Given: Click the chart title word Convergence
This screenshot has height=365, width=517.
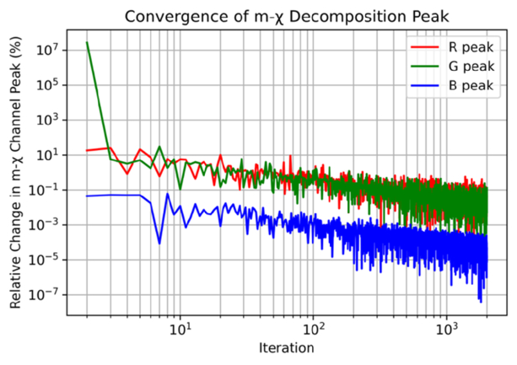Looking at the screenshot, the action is click(183, 17).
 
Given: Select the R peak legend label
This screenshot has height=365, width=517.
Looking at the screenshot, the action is click(471, 47).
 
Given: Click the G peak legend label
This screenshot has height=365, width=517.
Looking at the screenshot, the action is click(471, 67).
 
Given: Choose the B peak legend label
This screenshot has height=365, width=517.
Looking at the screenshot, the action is click(471, 86).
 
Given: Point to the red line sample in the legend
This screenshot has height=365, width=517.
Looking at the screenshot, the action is click(425, 47).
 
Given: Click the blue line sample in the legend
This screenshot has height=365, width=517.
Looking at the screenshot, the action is click(425, 86).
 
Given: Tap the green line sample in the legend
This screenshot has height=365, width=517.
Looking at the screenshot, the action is click(425, 67).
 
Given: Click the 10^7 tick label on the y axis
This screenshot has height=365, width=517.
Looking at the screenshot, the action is click(47, 50).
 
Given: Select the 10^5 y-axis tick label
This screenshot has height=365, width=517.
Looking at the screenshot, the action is click(47, 84).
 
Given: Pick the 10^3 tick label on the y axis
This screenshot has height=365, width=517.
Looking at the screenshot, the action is click(47, 120).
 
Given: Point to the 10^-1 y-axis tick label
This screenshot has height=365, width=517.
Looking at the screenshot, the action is click(45, 190).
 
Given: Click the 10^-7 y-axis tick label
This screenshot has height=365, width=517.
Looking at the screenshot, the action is click(45, 294).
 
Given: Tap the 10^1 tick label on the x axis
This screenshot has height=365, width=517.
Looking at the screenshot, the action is click(180, 329).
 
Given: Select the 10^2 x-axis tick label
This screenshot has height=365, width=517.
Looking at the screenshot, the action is click(313, 329).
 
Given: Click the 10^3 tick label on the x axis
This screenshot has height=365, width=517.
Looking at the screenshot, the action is click(446, 329).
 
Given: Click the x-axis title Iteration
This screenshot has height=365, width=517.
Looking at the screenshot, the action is click(286, 348).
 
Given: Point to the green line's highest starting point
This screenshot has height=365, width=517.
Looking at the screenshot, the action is click(87, 42).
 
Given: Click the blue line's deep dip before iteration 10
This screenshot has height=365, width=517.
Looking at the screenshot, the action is click(159, 244).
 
